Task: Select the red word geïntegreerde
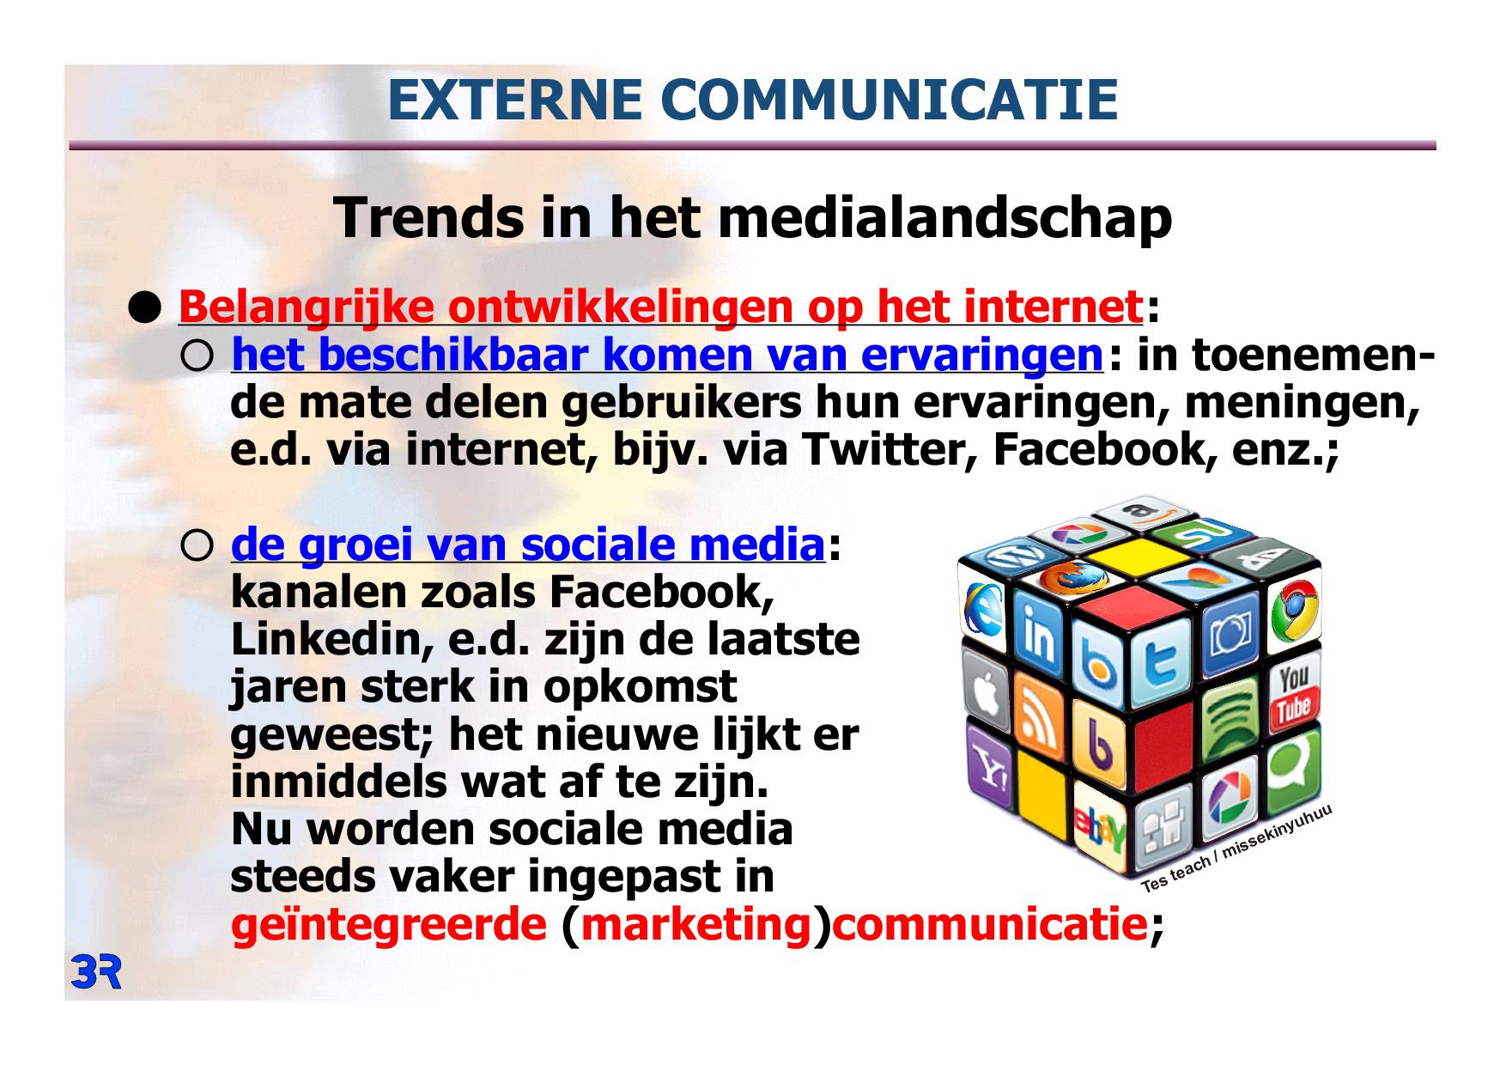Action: coord(389,924)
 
